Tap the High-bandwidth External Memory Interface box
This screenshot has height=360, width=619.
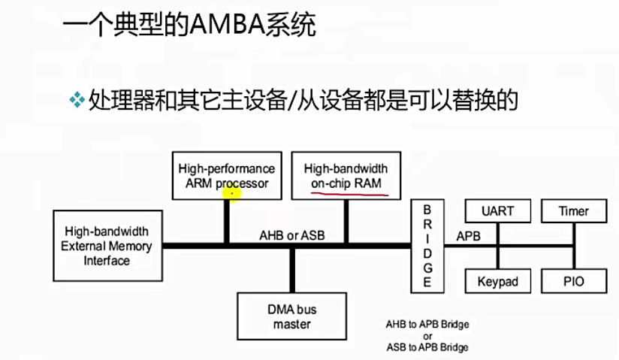tap(106, 245)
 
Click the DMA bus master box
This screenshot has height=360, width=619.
tap(291, 316)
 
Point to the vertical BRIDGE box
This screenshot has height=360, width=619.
tap(427, 245)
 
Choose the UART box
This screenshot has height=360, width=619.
tap(497, 211)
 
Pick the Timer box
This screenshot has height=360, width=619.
tap(573, 211)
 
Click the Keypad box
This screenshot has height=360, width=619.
tap(497, 282)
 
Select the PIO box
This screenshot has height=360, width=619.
tap(573, 282)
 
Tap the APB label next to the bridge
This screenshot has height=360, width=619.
tap(467, 236)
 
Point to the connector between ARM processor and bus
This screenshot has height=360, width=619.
tap(225, 222)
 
